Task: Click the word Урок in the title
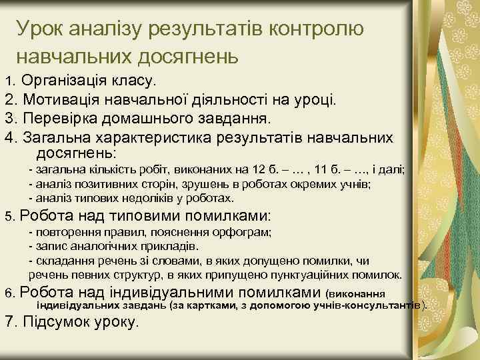[41, 29]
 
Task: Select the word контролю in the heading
[316, 29]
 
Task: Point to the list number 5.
[9, 217]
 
